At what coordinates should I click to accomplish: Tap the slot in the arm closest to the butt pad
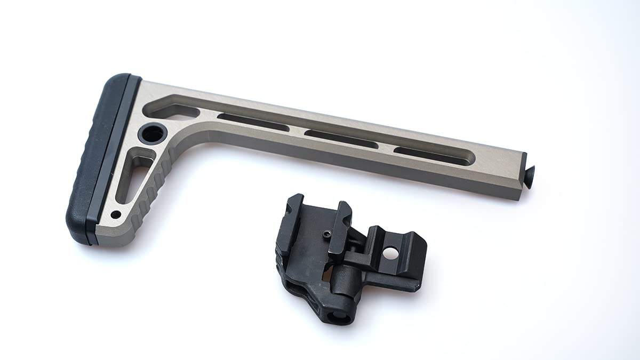(x=253, y=122)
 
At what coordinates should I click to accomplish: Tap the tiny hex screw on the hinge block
(x=326, y=233)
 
